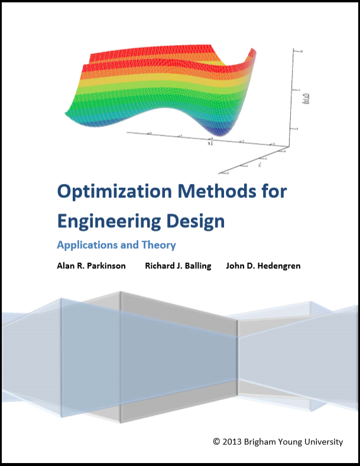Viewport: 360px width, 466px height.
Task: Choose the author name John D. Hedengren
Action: tap(263, 266)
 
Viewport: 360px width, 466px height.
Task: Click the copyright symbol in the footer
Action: tap(216, 441)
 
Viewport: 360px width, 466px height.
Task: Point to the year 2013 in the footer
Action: tap(232, 441)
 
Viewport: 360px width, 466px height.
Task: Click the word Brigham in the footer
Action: tap(262, 441)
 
